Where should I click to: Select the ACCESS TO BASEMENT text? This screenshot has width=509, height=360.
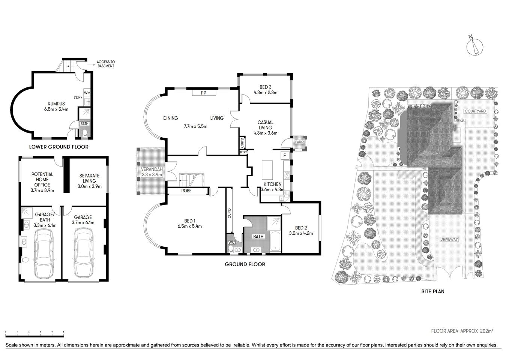(106, 64)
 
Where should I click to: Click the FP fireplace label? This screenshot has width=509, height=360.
(204, 93)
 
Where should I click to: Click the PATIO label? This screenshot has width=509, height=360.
(299, 142)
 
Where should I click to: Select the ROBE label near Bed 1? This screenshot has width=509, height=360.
(186, 191)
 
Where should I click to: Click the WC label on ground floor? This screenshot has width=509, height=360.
(231, 243)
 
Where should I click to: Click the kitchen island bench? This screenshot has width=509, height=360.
(268, 170)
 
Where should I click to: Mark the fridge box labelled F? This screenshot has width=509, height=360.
(285, 155)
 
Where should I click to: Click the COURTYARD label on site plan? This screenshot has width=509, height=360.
(475, 111)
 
